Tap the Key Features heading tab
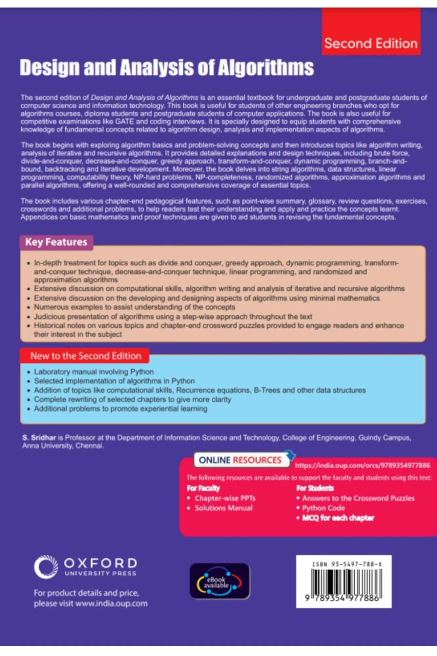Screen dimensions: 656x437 coord(56,242)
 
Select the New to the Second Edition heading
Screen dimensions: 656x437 coord(85,356)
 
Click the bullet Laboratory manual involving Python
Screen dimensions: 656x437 coord(94,372)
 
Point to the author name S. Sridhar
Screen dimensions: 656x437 coord(39,438)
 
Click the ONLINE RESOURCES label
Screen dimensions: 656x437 coord(240,460)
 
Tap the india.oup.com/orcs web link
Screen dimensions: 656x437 coord(362,465)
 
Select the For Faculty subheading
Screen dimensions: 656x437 coord(203,488)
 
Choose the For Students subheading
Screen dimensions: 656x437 coord(315,488)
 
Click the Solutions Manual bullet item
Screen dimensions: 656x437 coord(223,508)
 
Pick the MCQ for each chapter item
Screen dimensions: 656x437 coord(338,518)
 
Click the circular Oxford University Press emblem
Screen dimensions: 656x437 coord(46,567)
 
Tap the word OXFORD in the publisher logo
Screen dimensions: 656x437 coord(100,563)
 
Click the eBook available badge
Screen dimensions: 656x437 coord(220,581)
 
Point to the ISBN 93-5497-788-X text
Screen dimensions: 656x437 coord(347,564)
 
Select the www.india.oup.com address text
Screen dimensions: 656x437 coord(111,603)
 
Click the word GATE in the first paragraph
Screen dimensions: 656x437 coord(124,121)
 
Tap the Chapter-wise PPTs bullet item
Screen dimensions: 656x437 coord(225,498)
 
